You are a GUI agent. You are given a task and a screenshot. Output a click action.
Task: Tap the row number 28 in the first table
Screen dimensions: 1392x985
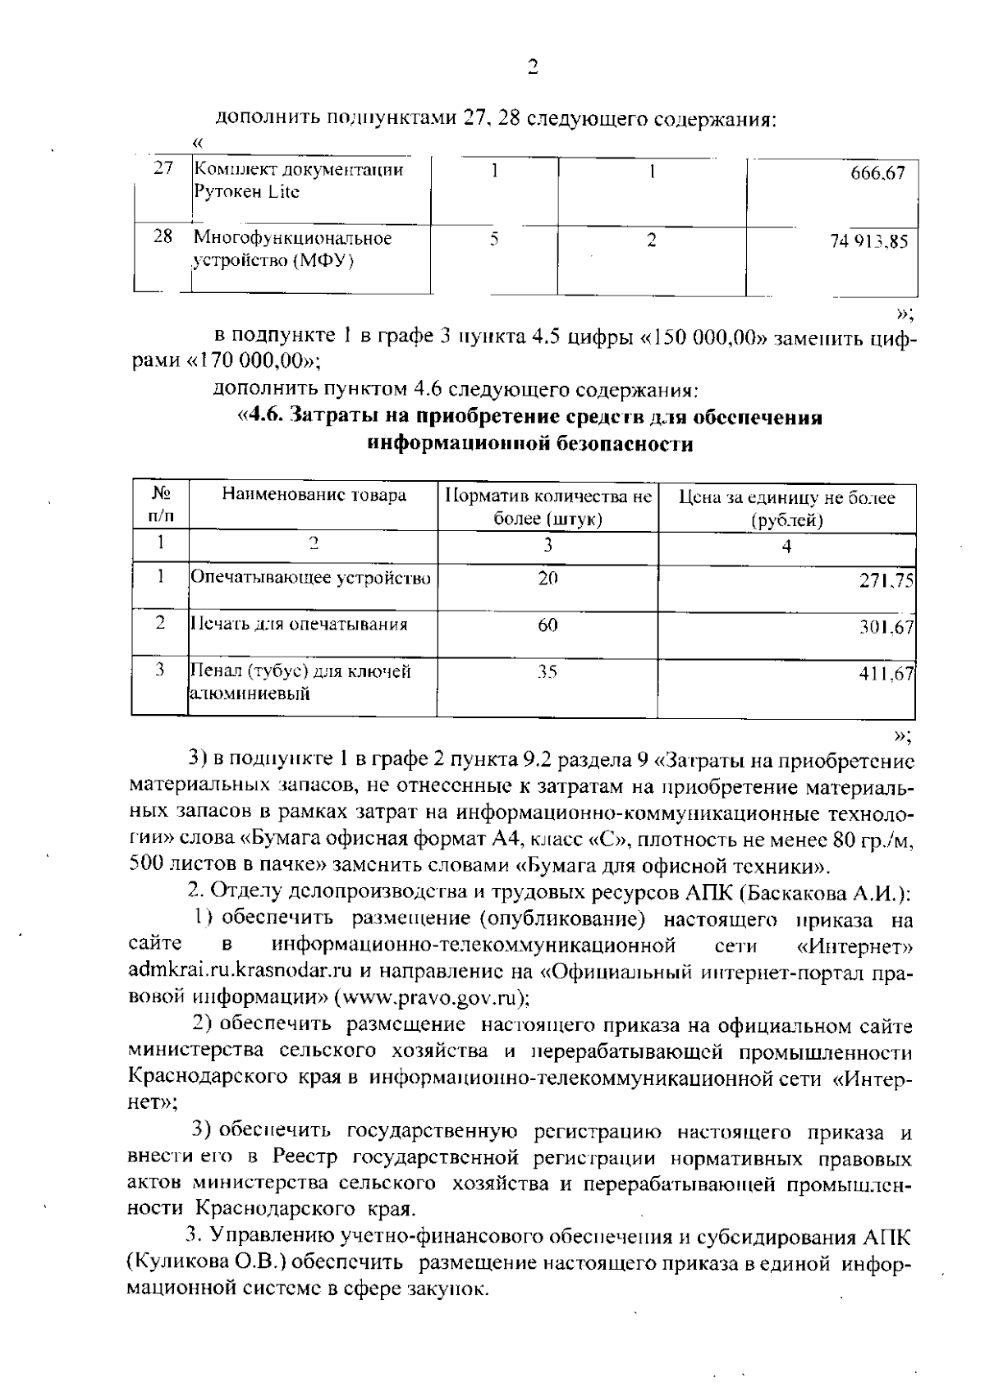(x=163, y=237)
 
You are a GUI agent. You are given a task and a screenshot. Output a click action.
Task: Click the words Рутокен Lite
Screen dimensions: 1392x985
(x=247, y=192)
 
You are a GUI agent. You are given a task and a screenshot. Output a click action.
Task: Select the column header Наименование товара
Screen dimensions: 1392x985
(x=314, y=496)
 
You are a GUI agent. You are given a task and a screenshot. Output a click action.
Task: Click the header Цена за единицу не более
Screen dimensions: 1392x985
(x=786, y=498)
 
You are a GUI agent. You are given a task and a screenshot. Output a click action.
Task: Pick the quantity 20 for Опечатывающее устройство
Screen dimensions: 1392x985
(x=547, y=578)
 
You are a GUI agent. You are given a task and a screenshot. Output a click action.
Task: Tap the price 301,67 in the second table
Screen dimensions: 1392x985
(x=886, y=627)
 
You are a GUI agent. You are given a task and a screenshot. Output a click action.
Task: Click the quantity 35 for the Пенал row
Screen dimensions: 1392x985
(x=547, y=672)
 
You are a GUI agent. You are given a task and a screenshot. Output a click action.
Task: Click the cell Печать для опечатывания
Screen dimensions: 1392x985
(x=300, y=625)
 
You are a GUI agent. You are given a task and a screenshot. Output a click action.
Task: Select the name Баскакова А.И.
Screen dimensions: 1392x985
(x=837, y=892)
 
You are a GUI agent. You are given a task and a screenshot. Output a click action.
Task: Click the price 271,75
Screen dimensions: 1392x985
(x=886, y=579)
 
